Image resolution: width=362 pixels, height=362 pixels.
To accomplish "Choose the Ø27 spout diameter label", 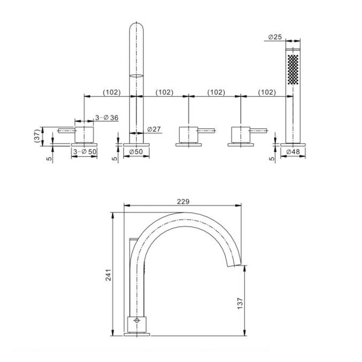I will click(x=154, y=129).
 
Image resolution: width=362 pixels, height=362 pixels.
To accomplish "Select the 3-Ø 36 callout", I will click(x=107, y=117).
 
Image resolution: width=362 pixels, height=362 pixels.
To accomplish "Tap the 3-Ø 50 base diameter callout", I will click(x=85, y=152).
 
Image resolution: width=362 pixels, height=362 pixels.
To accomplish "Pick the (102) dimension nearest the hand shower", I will click(x=267, y=92).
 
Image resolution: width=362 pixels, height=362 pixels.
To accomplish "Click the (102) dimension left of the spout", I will click(x=111, y=92).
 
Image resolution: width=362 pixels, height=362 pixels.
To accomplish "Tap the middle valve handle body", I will click(x=188, y=134).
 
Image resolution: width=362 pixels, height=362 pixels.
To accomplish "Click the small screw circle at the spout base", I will click(x=137, y=320).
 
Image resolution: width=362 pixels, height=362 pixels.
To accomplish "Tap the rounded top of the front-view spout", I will click(x=136, y=27).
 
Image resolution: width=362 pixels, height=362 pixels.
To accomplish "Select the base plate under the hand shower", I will click(x=293, y=145).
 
